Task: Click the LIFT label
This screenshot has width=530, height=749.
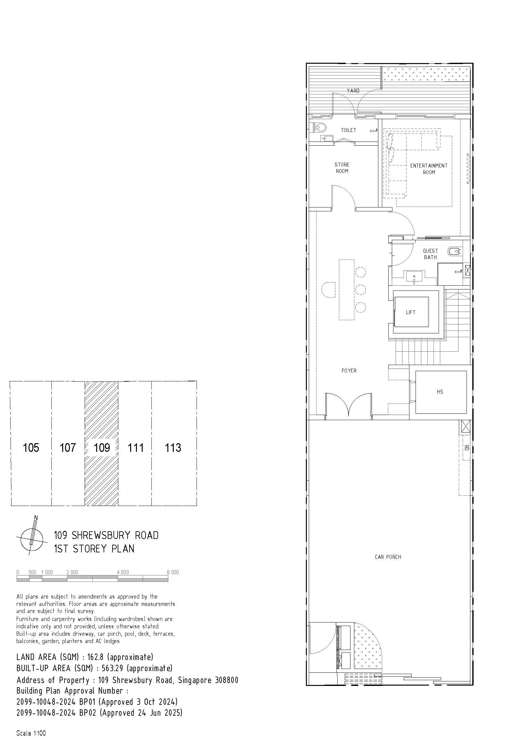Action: click(x=410, y=312)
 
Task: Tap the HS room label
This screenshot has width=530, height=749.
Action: click(x=440, y=391)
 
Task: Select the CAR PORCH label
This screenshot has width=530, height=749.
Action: click(x=388, y=557)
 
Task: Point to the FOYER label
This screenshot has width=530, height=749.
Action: click(x=349, y=370)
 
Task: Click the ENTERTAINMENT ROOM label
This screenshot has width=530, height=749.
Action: click(x=429, y=169)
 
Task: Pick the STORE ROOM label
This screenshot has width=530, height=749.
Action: click(x=342, y=168)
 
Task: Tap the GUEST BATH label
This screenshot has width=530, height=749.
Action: click(x=430, y=254)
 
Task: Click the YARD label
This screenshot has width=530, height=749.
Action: click(x=353, y=91)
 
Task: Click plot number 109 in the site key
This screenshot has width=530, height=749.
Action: click(x=102, y=448)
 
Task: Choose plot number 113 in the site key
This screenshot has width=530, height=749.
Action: click(x=173, y=448)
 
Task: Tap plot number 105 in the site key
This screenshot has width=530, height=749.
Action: click(x=31, y=448)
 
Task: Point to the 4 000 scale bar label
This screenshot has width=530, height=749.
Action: click(x=123, y=572)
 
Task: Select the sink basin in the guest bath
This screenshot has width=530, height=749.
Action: click(x=414, y=277)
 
